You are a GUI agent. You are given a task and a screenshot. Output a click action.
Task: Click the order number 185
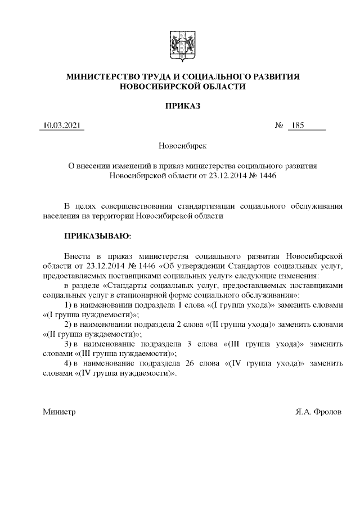(x=297, y=125)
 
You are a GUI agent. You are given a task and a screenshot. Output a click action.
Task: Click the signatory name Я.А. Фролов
(x=318, y=412)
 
